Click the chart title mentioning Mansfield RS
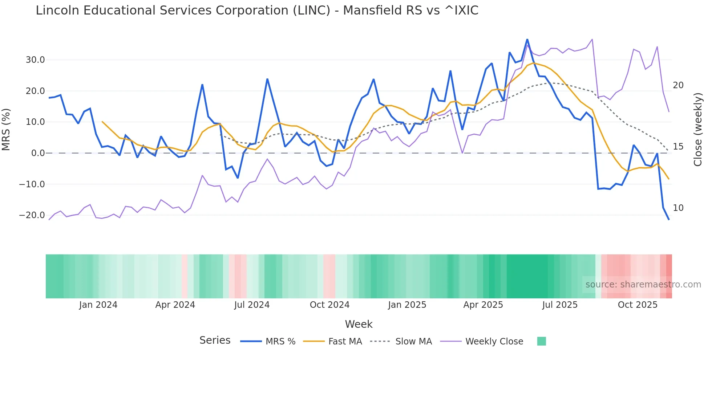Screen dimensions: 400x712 pos(257,11)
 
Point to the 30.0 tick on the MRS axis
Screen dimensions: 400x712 pos(35,60)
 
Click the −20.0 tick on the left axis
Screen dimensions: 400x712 pos(32,215)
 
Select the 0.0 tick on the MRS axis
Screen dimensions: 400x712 pos(38,153)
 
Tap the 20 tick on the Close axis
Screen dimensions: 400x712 pos(678,85)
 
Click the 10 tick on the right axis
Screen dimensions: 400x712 pos(678,208)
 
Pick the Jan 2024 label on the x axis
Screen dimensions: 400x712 pos(98,305)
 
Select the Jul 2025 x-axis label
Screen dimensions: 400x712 pos(560,305)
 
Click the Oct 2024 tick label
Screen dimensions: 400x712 pos(329,305)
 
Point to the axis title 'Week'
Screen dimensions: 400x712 pos(359,324)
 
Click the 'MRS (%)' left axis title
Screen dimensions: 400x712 pos(6,129)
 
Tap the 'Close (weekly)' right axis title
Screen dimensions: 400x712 pos(697,129)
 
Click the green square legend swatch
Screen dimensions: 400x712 pos(541,341)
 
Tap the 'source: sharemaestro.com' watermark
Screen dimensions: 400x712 pos(643,285)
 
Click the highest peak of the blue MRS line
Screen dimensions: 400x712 pos(527,40)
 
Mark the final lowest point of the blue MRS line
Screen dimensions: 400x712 pos(669,220)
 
